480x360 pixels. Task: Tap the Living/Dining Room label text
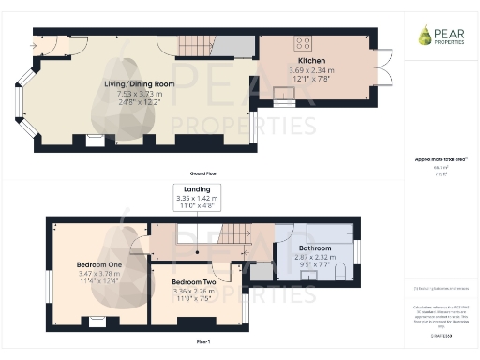tap(141, 83)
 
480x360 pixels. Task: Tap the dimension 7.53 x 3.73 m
tap(141, 93)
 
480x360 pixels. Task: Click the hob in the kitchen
tap(304, 43)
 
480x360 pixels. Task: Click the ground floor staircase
tap(194, 45)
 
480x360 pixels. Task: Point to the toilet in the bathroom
tap(338, 271)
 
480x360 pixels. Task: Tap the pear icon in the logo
tap(425, 35)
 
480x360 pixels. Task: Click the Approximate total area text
tap(440, 159)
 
